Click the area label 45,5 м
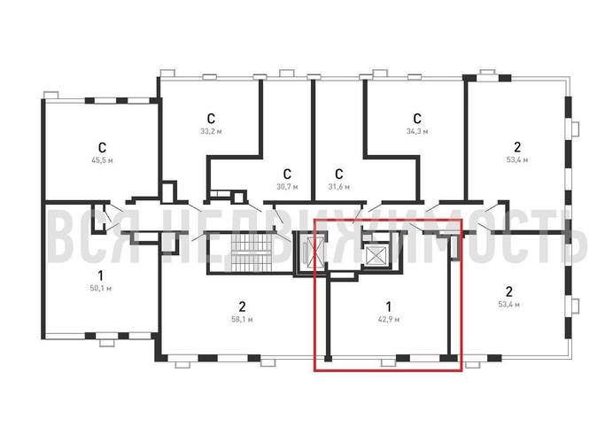[x=102, y=160]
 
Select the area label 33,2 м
[x=211, y=131]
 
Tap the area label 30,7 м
[x=287, y=187]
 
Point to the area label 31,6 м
[x=339, y=187]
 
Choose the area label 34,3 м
[x=417, y=131]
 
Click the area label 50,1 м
[x=100, y=289]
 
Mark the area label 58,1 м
[x=242, y=320]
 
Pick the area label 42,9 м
[x=389, y=320]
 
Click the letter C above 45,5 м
[x=102, y=148]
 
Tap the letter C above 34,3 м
[x=417, y=119]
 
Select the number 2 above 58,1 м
[x=242, y=307]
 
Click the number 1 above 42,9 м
[x=388, y=307]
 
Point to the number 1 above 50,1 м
[x=100, y=276]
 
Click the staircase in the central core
[x=252, y=253]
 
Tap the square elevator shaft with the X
[x=376, y=256]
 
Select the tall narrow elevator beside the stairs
[x=310, y=253]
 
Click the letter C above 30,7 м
[x=287, y=174]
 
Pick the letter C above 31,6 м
[x=339, y=174]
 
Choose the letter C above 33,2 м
[x=211, y=119]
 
